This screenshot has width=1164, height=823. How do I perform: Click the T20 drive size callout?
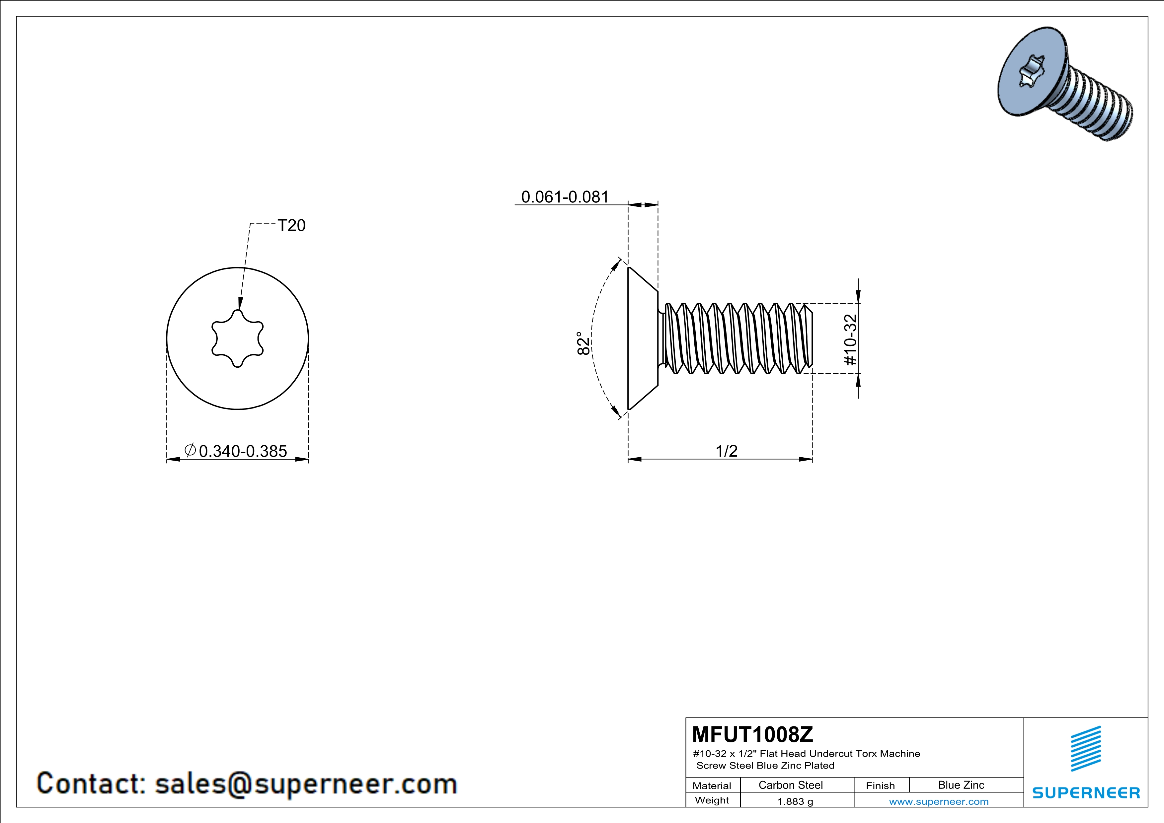click(x=291, y=226)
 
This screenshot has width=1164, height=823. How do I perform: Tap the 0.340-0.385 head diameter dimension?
click(x=243, y=451)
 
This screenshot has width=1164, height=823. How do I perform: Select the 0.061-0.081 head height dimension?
click(x=565, y=197)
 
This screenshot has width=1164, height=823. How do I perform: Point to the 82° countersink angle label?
click(x=583, y=343)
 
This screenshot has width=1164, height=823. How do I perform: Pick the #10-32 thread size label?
click(x=850, y=339)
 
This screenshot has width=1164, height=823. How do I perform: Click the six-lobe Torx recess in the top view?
click(x=237, y=338)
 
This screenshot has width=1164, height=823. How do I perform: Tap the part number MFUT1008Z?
click(x=752, y=734)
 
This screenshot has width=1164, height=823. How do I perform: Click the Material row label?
click(x=712, y=786)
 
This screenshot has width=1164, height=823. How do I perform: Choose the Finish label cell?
click(x=880, y=786)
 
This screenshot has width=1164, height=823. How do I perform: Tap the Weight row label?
click(x=712, y=800)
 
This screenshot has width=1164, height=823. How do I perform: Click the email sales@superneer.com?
click(x=306, y=784)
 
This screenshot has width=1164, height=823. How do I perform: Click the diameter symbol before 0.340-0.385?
click(x=190, y=450)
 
